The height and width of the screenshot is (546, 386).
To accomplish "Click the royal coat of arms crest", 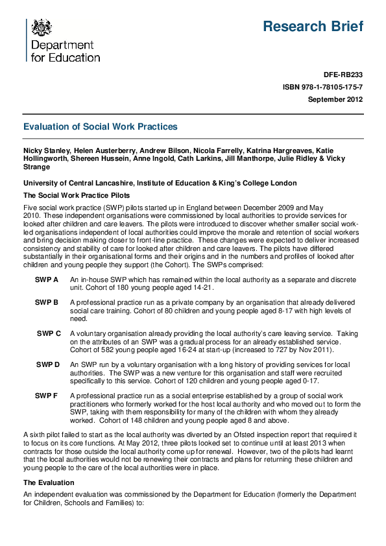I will click(42, 27).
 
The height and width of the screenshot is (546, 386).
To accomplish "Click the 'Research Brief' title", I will click(313, 27).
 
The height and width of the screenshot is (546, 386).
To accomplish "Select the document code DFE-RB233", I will click(343, 75).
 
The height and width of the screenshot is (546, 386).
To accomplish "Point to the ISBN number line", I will click(322, 87).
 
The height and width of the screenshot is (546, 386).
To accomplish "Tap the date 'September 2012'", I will click(335, 99).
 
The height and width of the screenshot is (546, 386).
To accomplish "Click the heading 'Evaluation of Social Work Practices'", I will click(100, 127).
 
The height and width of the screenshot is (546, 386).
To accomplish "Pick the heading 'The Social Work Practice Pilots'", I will click(77, 195).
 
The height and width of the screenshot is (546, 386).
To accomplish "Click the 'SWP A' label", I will click(47, 279).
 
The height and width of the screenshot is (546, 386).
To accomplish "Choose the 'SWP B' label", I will click(47, 303).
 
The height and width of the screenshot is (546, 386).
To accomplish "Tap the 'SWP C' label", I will click(49, 333).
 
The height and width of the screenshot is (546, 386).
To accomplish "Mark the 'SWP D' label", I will click(47, 364).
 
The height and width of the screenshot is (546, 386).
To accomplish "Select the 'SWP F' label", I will click(47, 395).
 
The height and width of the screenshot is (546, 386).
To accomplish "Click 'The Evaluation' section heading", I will click(49, 482).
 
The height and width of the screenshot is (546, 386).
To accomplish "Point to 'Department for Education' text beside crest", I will click(66, 51).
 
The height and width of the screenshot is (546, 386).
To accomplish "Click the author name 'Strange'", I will click(36, 167).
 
